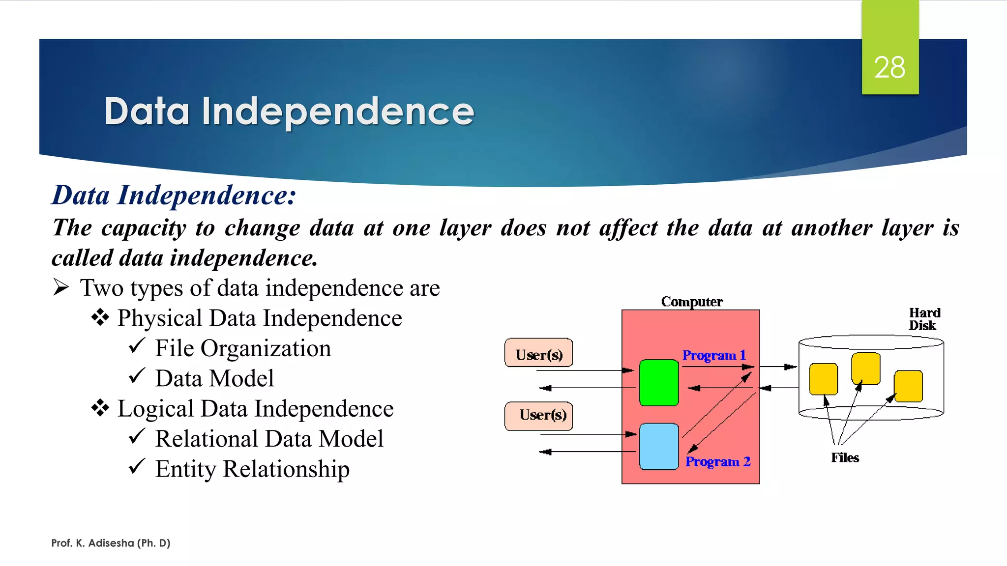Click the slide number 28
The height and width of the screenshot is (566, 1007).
[x=889, y=67]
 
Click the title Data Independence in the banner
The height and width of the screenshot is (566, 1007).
[x=289, y=112]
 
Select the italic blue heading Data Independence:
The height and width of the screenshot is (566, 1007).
[x=174, y=195]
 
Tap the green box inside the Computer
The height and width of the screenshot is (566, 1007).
[x=659, y=383]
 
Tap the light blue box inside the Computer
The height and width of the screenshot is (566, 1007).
[x=659, y=447]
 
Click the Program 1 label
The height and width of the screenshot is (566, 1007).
[x=714, y=355]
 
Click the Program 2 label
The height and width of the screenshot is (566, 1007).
[x=718, y=462]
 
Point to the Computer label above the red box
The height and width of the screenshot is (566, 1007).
[x=691, y=302]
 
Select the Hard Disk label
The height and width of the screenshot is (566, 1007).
[x=924, y=319]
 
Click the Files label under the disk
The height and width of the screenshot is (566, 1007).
[x=845, y=458]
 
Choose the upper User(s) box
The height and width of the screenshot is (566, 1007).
[x=539, y=353]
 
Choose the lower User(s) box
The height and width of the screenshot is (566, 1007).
[x=539, y=416]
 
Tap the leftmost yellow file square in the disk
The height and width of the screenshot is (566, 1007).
[x=823, y=379]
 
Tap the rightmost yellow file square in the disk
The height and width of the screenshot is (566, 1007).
[x=908, y=386]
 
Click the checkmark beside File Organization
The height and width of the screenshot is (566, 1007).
[x=137, y=346]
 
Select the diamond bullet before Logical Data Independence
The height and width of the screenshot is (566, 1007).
[x=100, y=408]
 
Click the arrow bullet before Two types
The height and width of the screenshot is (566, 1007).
[x=61, y=287]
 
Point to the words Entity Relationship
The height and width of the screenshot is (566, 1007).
[x=252, y=469]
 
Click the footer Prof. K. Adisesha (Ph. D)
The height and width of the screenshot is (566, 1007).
[x=111, y=543]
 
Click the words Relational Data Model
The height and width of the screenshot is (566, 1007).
[x=269, y=439]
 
